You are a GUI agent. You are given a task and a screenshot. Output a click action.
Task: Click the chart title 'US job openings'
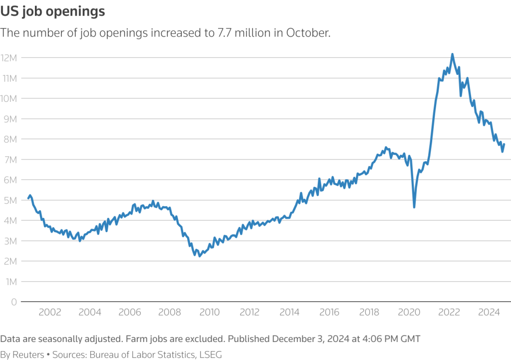[53, 12]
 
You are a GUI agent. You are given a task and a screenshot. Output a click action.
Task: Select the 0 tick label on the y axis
[14, 302]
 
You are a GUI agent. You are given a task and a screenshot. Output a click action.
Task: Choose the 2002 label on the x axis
[50, 313]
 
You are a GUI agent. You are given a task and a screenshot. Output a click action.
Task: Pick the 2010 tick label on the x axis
[210, 313]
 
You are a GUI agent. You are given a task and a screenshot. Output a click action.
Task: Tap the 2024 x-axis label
[489, 313]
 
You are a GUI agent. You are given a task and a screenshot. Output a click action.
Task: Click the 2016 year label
[329, 313]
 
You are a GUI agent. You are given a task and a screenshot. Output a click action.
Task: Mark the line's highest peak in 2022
[452, 54]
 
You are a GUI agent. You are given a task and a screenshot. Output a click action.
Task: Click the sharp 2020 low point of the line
[414, 207]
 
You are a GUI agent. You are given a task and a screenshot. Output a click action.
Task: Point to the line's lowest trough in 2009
[200, 256]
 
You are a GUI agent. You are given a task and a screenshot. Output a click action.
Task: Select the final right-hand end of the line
[504, 144]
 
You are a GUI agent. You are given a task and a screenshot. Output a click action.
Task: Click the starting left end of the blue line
[28, 198]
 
